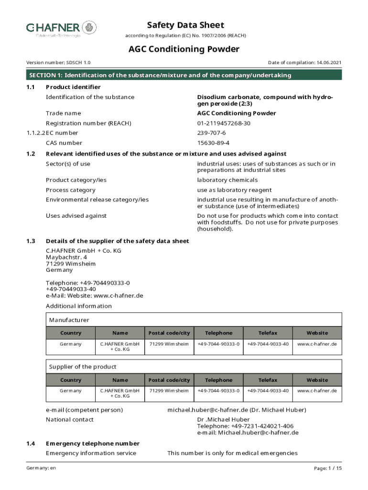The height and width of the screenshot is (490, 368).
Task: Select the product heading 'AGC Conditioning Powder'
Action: [x=184, y=49]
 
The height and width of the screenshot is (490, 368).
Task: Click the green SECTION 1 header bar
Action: [x=184, y=75]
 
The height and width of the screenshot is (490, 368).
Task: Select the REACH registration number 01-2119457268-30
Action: [x=224, y=123]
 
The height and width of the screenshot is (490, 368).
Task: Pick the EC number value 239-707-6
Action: [x=212, y=133]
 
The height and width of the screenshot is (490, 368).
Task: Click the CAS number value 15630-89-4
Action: [x=214, y=143]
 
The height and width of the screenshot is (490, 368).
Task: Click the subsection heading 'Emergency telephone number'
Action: [x=93, y=444]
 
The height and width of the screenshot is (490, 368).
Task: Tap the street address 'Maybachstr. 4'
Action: [x=66, y=257]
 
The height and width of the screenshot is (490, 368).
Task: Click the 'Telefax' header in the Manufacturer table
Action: [x=268, y=333]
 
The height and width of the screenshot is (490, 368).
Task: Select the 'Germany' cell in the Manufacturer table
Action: [x=71, y=344]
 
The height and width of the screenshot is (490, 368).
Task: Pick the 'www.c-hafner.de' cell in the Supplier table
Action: [x=317, y=391]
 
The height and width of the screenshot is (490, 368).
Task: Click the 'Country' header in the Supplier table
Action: [x=71, y=380]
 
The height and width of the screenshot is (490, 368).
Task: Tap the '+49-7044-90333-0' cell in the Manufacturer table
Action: [x=218, y=344]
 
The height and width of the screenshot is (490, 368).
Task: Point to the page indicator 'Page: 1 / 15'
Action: [x=327, y=468]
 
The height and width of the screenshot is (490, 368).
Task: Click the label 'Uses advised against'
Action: [x=76, y=216]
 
